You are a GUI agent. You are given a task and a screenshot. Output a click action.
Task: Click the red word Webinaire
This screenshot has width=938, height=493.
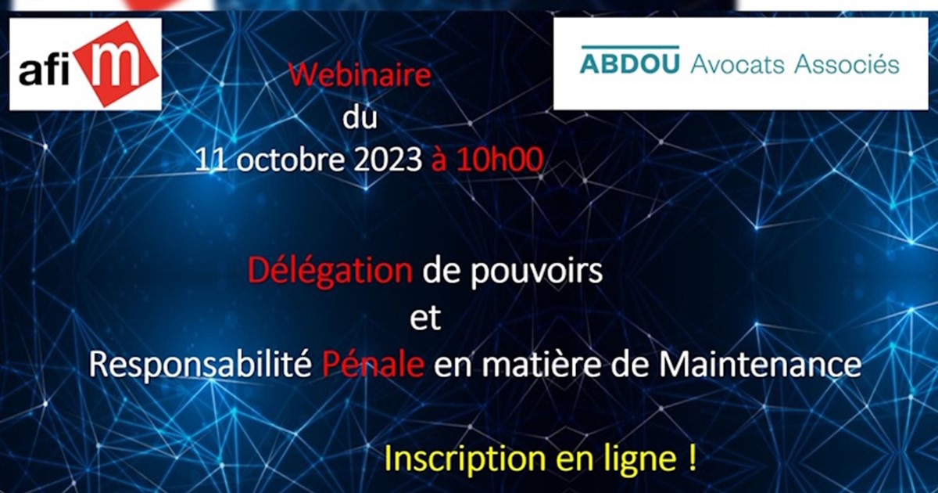tap(360, 75)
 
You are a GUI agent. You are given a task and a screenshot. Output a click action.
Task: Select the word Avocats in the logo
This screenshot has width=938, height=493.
tap(737, 65)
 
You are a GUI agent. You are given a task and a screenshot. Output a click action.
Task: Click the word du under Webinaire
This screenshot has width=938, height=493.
tap(360, 118)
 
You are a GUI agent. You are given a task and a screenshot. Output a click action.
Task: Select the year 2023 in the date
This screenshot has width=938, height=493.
tap(388, 160)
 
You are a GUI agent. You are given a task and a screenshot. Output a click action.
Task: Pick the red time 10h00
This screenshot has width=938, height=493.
tap(499, 160)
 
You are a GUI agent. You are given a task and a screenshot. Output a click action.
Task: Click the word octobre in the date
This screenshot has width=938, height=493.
tap(289, 160)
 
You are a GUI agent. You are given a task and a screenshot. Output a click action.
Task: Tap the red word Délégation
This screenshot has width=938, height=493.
tap(330, 272)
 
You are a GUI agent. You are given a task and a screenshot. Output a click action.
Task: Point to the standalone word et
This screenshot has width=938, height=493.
tap(425, 318)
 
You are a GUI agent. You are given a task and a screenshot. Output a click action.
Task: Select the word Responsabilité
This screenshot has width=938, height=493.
tap(200, 365)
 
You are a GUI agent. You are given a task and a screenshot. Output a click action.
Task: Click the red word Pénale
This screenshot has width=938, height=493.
tap(373, 365)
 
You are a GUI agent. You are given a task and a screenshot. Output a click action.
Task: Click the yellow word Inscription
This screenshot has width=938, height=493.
tap(465, 460)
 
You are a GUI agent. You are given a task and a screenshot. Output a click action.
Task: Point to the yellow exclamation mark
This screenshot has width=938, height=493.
tap(691, 458)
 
